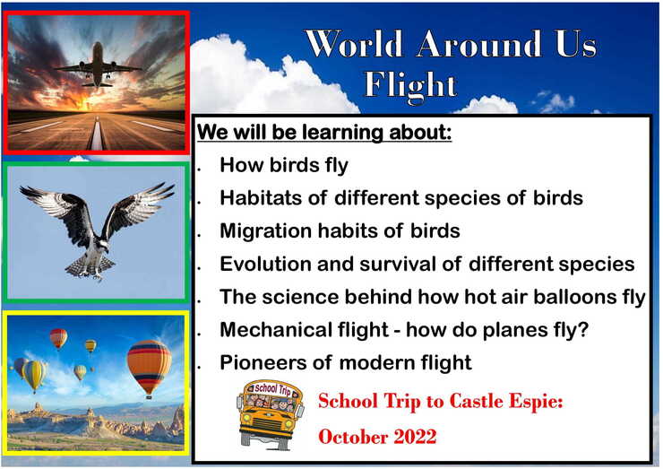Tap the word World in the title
coord(354,44)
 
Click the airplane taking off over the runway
coord(98,65)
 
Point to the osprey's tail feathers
coord(89,265)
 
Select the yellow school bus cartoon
coord(271,415)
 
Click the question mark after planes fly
coord(583,329)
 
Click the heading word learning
coord(341,133)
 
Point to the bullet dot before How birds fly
coord(199,169)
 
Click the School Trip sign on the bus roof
coord(272,388)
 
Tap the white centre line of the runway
coord(97,134)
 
